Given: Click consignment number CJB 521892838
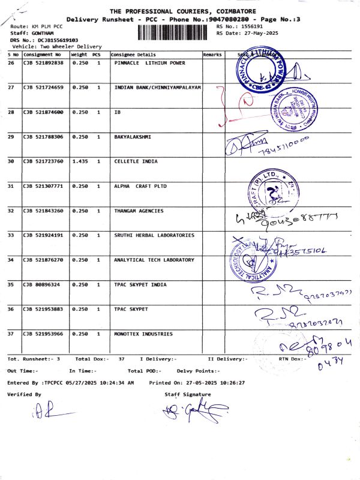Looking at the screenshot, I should click(x=43, y=63).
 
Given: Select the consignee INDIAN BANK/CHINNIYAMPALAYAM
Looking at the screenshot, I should click(x=157, y=88).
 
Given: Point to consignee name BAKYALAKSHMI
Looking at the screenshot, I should click(x=133, y=137).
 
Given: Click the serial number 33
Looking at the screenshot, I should click(x=11, y=235).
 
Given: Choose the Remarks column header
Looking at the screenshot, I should click(x=212, y=55).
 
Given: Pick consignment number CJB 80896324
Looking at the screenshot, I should click(x=41, y=284).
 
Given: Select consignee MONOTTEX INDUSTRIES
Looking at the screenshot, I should click(x=143, y=334).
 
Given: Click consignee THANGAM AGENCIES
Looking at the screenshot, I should click(x=138, y=211).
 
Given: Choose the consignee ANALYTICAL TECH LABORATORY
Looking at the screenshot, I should click(x=154, y=260).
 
